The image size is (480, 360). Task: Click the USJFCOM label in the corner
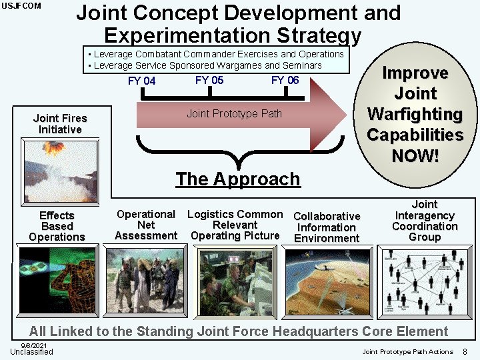coord(21,6)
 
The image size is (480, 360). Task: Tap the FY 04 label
coord(141,81)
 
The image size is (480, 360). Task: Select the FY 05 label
coord(209,80)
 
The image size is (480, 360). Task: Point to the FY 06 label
coord(285,80)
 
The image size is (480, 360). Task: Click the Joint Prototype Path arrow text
coord(234,113)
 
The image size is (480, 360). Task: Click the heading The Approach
coord(238,179)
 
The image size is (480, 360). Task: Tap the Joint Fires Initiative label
coord(60,124)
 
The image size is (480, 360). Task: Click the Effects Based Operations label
coord(57,226)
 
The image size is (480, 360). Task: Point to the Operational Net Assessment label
coord(146,225)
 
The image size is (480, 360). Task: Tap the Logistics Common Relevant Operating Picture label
coord(235,225)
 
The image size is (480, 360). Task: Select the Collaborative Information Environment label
coord(327,227)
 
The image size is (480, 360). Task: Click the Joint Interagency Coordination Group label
coord(425,221)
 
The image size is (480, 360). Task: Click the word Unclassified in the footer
coord(31,352)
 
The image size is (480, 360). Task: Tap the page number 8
coord(465,351)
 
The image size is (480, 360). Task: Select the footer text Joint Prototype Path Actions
coord(407,351)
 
